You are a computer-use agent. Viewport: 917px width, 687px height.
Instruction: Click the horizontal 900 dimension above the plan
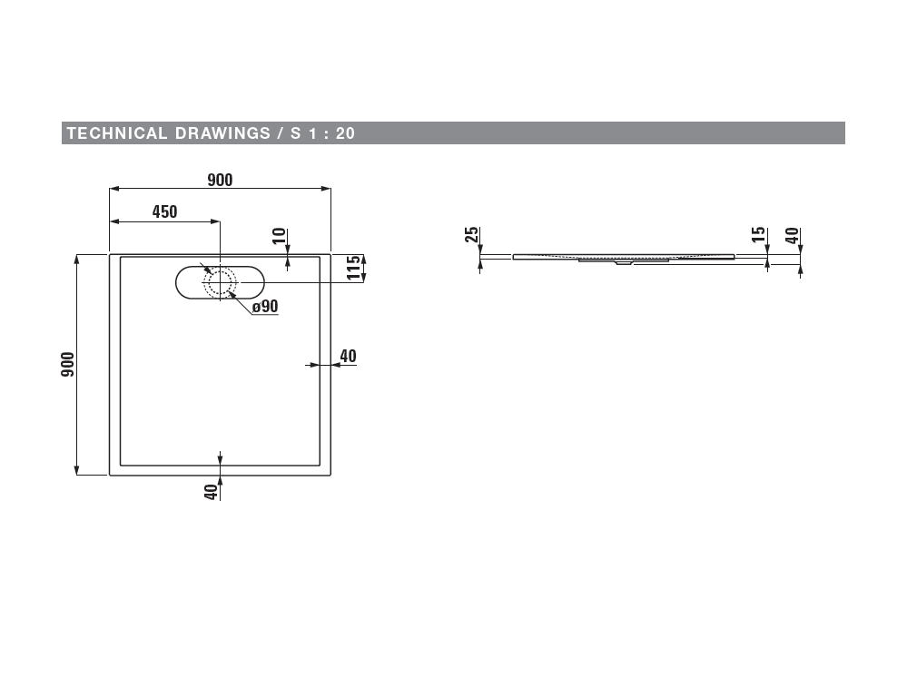(x=220, y=180)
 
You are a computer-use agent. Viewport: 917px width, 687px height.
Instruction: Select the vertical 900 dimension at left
(x=68, y=364)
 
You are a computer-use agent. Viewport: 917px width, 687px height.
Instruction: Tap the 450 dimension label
(x=165, y=211)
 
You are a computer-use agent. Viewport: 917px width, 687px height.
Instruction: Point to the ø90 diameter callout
(x=265, y=306)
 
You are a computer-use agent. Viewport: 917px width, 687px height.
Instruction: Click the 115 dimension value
(x=354, y=268)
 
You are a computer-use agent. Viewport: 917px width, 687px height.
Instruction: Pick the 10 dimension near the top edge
(x=280, y=236)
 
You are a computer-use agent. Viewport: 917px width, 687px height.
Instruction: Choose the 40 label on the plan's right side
(x=348, y=356)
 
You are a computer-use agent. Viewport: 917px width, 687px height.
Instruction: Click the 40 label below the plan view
(x=212, y=492)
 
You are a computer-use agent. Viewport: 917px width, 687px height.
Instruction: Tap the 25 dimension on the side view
(x=471, y=235)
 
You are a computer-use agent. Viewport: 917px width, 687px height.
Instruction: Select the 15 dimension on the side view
(x=758, y=235)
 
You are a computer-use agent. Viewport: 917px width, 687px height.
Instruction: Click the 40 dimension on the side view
(x=792, y=236)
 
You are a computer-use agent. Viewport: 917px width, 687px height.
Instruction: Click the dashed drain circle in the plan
(x=221, y=282)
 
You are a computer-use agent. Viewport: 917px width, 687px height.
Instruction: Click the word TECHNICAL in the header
(x=117, y=133)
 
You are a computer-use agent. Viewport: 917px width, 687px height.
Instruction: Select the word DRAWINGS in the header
(x=222, y=133)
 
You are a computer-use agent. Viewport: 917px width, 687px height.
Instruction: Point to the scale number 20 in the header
(x=345, y=133)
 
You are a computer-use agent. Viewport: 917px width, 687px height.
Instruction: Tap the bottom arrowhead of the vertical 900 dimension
(x=76, y=470)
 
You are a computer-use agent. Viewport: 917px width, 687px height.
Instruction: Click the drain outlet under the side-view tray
(x=624, y=262)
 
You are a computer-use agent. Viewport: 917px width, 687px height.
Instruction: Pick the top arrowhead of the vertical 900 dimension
(x=76, y=260)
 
